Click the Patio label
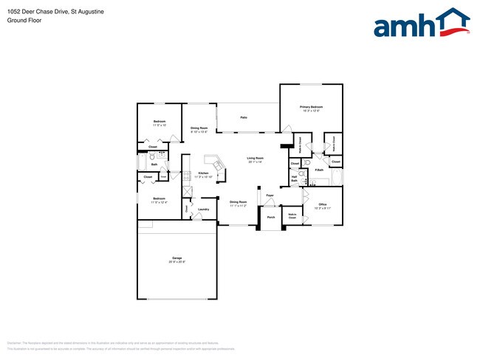coord(242,117)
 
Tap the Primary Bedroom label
coord(311,107)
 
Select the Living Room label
coord(255,158)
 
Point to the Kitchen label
coord(203,173)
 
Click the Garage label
coord(176,257)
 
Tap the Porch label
coord(271,218)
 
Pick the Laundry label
coord(203,210)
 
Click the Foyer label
coord(270,195)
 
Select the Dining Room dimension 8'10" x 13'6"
coord(199,132)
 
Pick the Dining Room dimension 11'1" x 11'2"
coord(238,206)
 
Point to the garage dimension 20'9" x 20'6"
coord(176,262)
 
